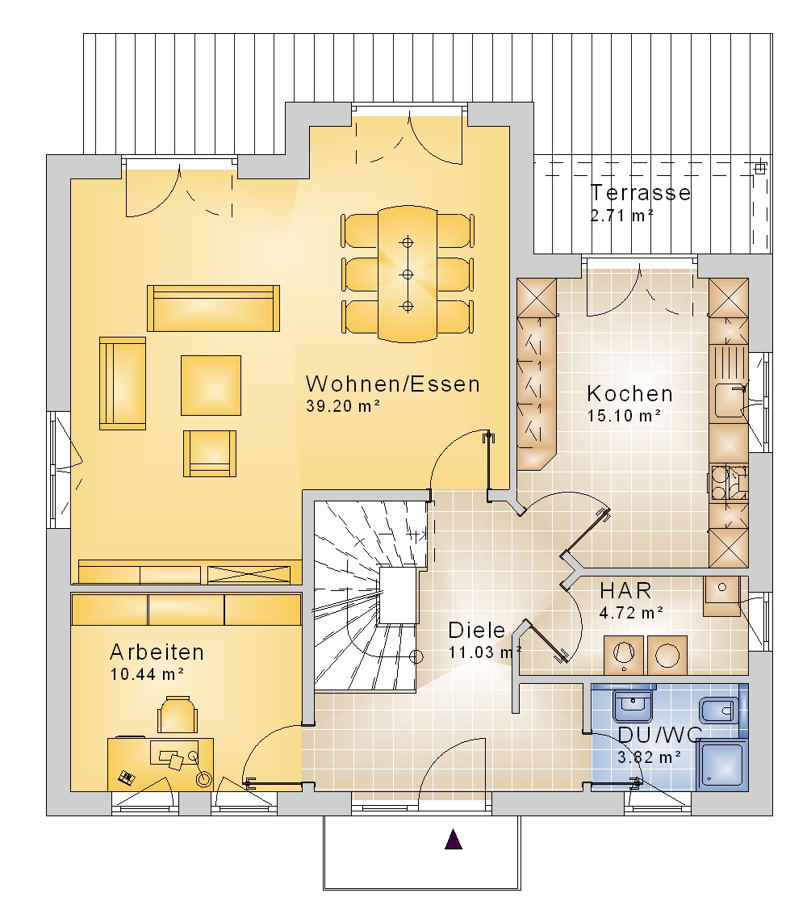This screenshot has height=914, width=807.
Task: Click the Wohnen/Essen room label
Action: pyautogui.click(x=393, y=384)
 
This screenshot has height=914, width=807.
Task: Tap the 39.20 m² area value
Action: pyautogui.click(x=343, y=405)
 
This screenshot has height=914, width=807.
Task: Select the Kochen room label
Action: pyautogui.click(x=630, y=393)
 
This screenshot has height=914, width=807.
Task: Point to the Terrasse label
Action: pyautogui.click(x=641, y=192)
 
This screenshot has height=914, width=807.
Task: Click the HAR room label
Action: pyautogui.click(x=625, y=590)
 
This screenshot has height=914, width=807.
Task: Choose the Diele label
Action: pyautogui.click(x=477, y=630)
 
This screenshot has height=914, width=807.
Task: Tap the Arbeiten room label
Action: pyautogui.click(x=157, y=652)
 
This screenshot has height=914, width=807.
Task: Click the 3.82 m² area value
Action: pyautogui.click(x=650, y=757)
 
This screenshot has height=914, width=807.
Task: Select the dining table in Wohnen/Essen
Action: pyautogui.click(x=408, y=274)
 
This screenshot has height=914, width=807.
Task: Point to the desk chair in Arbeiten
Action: pyautogui.click(x=177, y=714)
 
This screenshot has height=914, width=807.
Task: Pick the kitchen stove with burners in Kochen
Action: pyautogui.click(x=729, y=483)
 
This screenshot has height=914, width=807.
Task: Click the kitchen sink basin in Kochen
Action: pyautogui.click(x=729, y=400)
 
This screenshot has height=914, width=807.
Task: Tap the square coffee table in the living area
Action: pyautogui.click(x=211, y=385)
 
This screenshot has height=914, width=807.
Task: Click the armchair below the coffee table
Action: pyautogui.click(x=210, y=454)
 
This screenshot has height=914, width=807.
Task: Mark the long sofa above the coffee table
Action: pyautogui.click(x=213, y=308)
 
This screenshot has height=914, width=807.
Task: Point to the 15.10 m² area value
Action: pyautogui.click(x=624, y=416)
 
